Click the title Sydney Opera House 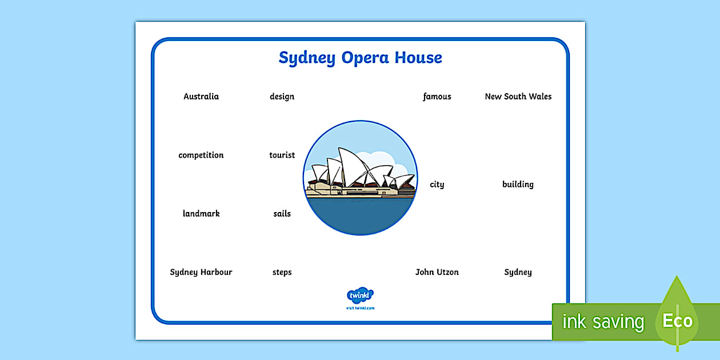(360, 58)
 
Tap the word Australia (201, 97)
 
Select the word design (282, 97)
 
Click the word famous (437, 97)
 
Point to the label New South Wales (518, 97)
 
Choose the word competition (201, 155)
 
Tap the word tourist (282, 155)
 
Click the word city (437, 185)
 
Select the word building (518, 185)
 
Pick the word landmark (201, 214)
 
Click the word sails (282, 214)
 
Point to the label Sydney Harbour (201, 273)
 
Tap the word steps (282, 273)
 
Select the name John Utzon (437, 273)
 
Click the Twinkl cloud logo (360, 295)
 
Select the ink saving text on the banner (603, 322)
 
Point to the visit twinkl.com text (360, 308)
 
